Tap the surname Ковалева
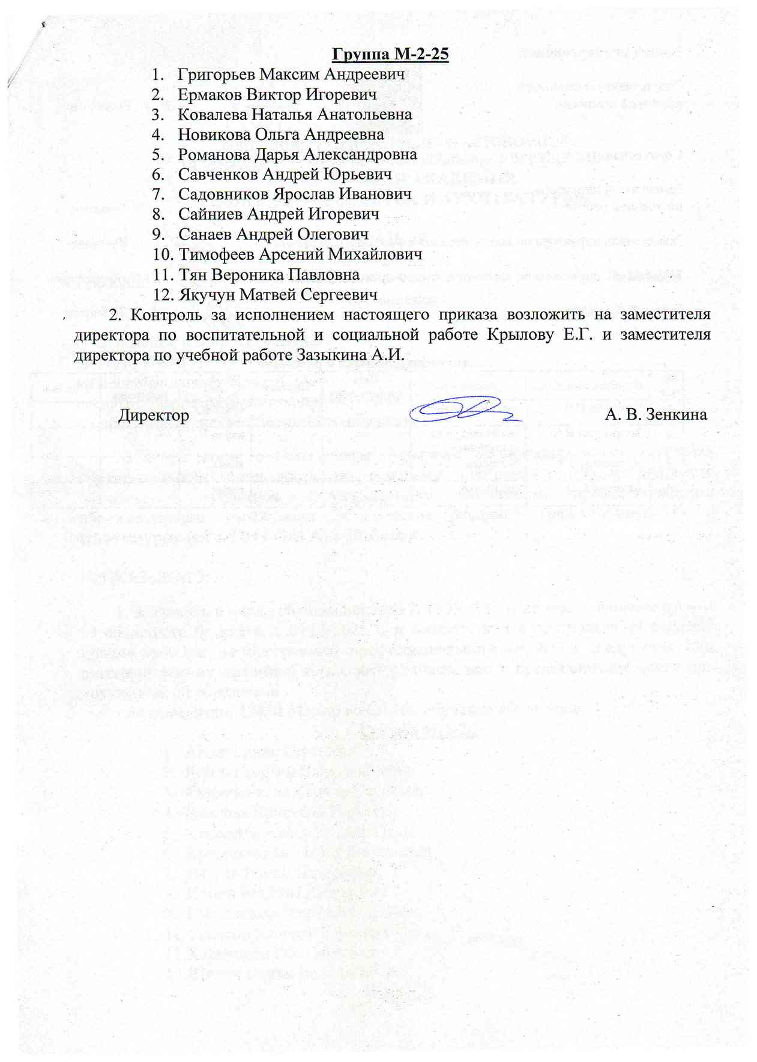pos(211,115)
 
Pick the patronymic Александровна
pos(360,154)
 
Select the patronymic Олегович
pos(333,234)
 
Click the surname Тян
pos(190,274)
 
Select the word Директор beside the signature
pos(154,415)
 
